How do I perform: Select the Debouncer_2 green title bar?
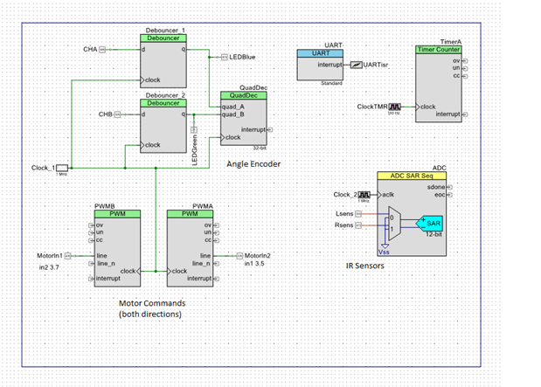[x=164, y=104]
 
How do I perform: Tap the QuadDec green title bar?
[x=243, y=96]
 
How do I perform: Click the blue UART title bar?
[x=321, y=52]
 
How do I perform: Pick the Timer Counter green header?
[x=439, y=50]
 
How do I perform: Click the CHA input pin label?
[x=90, y=50]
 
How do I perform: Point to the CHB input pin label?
[x=90, y=114]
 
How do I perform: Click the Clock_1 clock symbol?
[x=62, y=167]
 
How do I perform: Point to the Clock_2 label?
[x=346, y=194]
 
